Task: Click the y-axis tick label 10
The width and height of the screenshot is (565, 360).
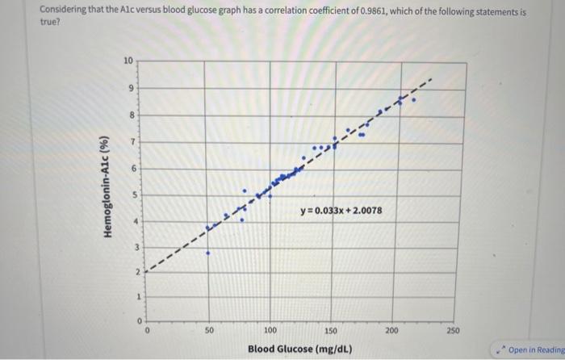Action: pos(128,61)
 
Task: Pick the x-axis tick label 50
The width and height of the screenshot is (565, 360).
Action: pos(207,330)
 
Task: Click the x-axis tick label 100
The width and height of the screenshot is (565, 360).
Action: pos(269,330)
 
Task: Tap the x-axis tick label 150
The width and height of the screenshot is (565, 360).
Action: pos(331,330)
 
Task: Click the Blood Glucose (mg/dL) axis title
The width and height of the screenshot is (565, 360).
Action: pos(299,349)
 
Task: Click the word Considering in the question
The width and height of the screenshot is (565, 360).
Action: pos(65,12)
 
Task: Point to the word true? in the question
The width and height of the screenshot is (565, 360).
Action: pos(50,23)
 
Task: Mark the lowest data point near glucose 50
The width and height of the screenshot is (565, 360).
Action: pos(207,253)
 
